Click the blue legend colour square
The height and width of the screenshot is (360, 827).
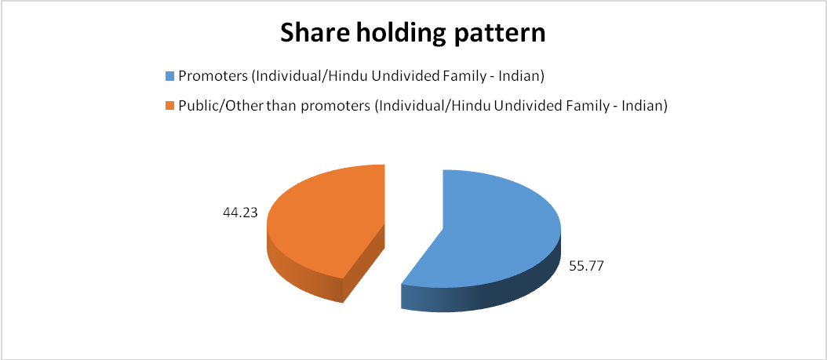pyautogui.click(x=169, y=76)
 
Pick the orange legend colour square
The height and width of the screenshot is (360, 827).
pyautogui.click(x=169, y=106)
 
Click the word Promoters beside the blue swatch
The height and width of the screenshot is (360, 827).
pyautogui.click(x=213, y=76)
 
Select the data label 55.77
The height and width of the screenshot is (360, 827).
pyautogui.click(x=586, y=266)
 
